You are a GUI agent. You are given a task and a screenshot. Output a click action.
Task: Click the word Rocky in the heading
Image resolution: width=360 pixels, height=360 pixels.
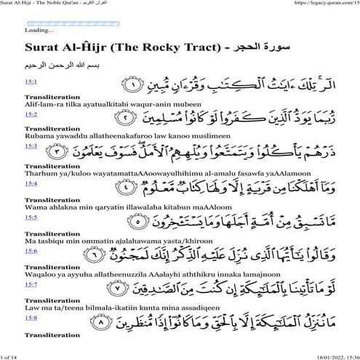[157, 49]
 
